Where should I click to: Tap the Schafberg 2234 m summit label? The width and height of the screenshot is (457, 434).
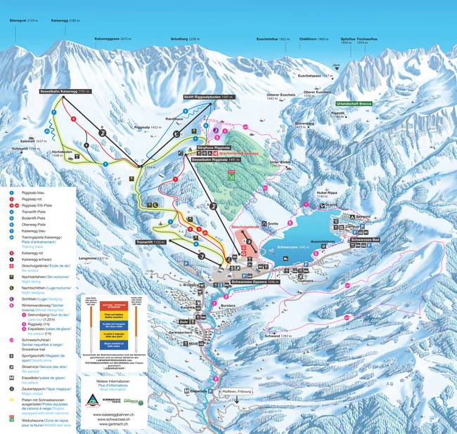pos(185,39)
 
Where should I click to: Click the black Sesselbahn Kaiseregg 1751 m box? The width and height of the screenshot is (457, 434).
pos(84,91)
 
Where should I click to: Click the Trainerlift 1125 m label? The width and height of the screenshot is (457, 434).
pos(149,241)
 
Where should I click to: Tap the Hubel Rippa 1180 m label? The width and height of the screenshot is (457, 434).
pos(328,194)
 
